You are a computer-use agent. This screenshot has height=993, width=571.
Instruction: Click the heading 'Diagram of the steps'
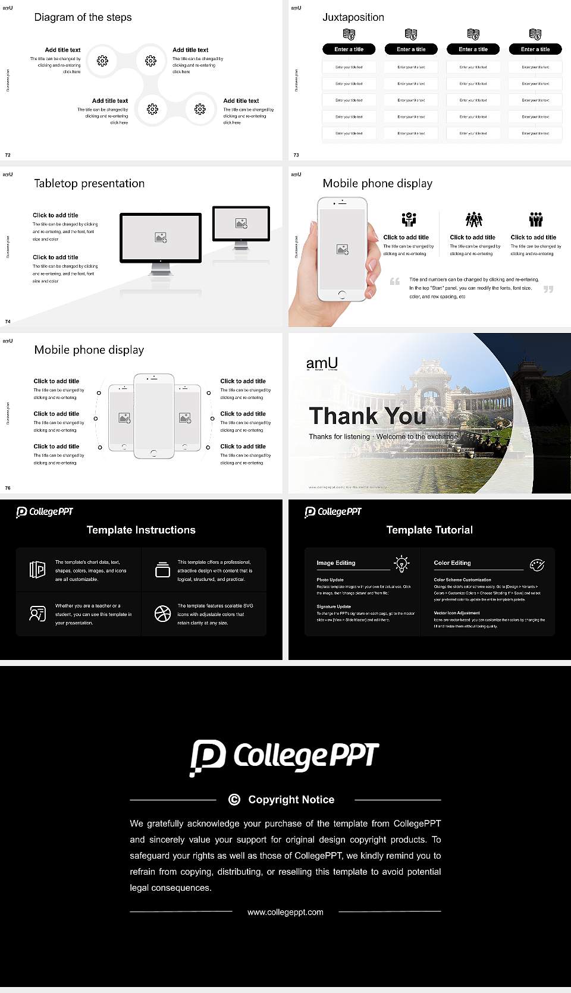[83, 17]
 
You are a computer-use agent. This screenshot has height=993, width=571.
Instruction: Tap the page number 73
[296, 155]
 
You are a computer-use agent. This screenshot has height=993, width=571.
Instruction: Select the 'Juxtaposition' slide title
[353, 17]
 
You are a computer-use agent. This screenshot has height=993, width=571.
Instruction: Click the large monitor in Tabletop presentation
[161, 238]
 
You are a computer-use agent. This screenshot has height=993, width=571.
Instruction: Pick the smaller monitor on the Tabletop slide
[241, 224]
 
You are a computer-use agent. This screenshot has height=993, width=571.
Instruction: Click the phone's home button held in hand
[341, 294]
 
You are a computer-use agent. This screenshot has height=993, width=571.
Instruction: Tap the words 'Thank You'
[367, 416]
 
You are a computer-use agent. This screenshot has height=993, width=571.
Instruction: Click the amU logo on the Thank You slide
[322, 363]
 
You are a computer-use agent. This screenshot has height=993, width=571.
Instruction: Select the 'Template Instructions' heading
[141, 530]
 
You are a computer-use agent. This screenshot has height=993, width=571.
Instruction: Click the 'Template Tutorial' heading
[429, 530]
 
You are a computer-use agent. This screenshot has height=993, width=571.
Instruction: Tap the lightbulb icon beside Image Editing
[401, 564]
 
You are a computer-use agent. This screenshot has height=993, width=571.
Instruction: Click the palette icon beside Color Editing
[537, 564]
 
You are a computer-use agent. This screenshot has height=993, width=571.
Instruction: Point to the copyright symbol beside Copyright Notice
[234, 800]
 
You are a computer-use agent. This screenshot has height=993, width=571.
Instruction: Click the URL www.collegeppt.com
[285, 912]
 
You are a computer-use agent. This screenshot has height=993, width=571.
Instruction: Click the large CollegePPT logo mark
[208, 757]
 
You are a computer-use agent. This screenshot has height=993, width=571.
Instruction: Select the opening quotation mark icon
[395, 281]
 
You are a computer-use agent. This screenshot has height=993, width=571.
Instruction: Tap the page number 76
[8, 488]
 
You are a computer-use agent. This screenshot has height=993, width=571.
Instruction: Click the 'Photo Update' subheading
[330, 580]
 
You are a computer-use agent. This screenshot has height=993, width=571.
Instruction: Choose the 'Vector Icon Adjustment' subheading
[457, 613]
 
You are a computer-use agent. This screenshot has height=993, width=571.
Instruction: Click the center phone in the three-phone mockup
[154, 416]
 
